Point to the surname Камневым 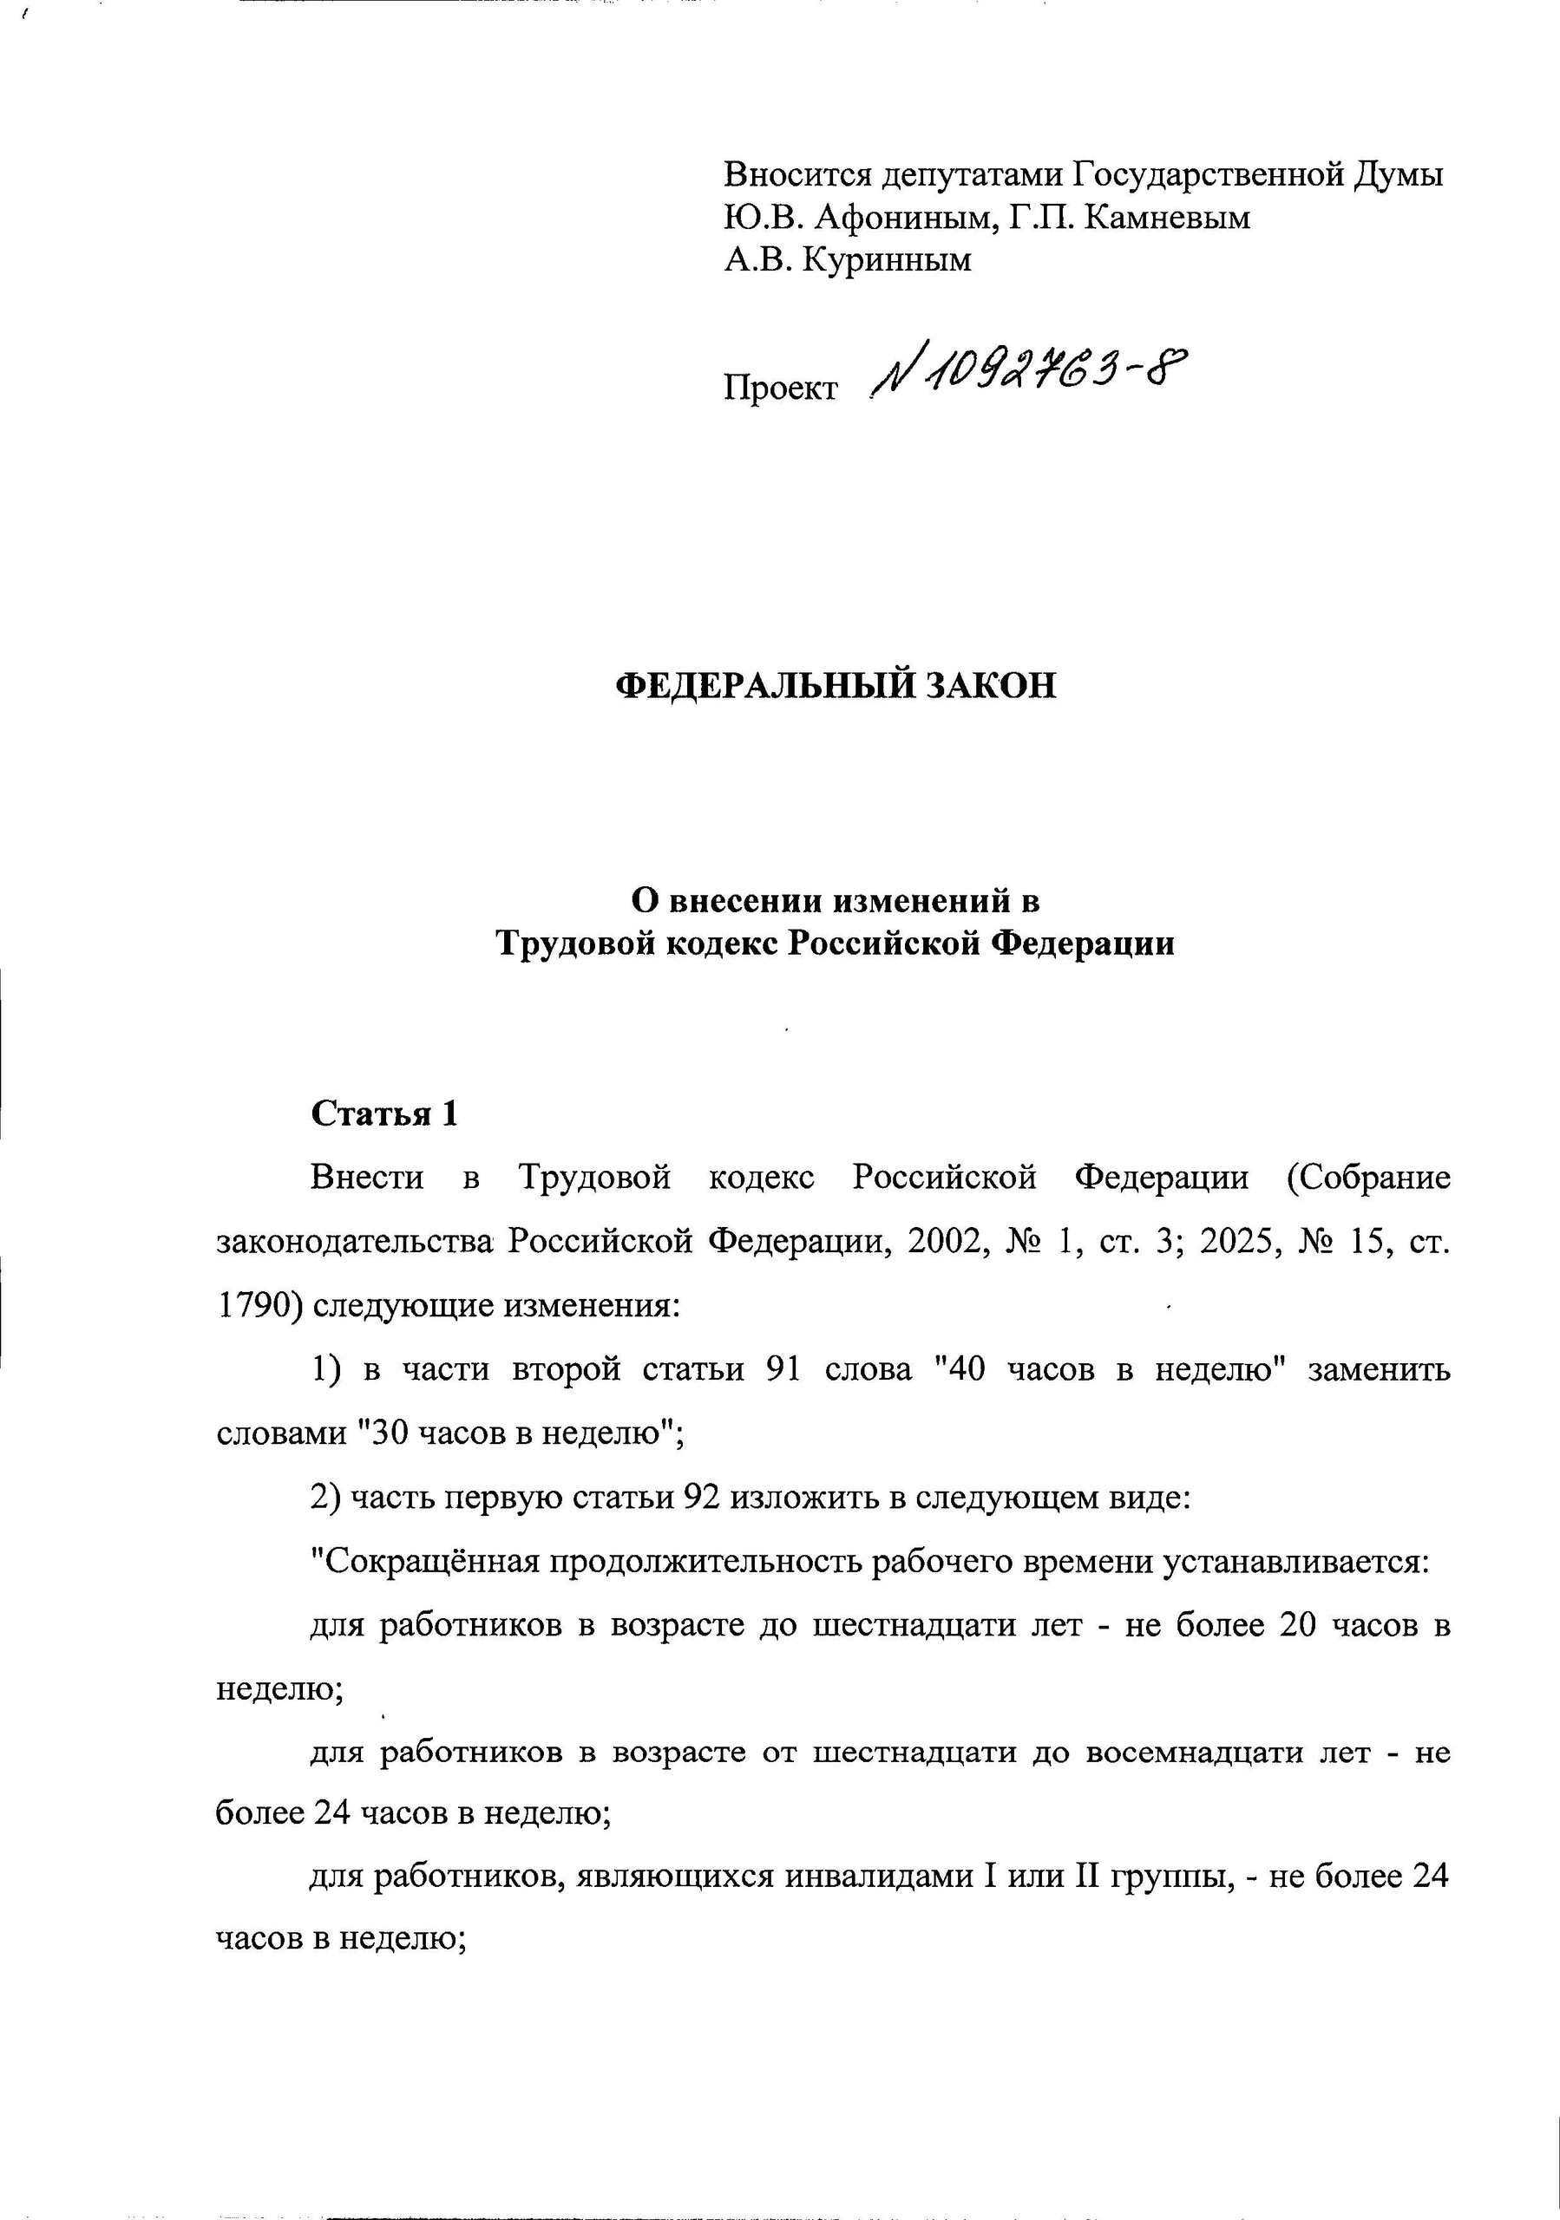(x=1166, y=218)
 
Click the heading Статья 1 (x=384, y=1113)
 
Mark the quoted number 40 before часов (x=967, y=1370)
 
